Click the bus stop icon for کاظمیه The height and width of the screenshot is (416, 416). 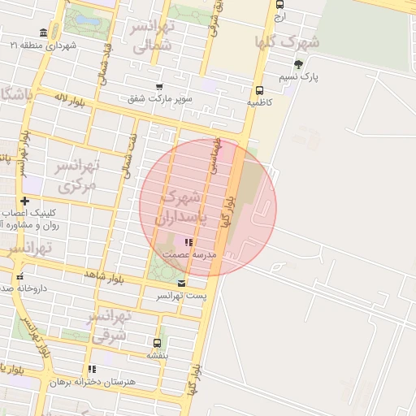pos(259,91)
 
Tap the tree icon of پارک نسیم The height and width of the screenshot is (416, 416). pos(299,64)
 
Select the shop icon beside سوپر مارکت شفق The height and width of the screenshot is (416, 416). pos(158,87)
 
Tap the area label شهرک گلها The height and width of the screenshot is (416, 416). pos(287,41)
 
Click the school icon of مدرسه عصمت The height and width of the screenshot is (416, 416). pos(188,242)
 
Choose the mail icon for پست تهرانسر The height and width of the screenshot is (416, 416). pos(181,284)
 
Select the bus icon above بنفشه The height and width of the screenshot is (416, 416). pos(157,343)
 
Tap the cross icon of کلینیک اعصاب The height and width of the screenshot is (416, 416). pos(25,201)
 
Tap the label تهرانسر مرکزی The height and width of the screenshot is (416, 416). pos(76,175)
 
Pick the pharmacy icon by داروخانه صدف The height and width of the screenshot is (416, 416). pos(20,277)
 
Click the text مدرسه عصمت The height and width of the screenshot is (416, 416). pos(189,254)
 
